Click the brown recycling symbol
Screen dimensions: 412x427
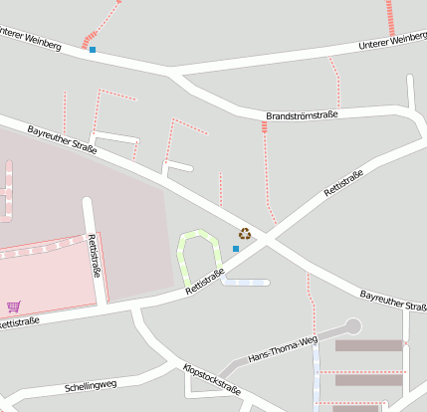tap(244, 234)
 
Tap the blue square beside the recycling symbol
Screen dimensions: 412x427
tap(236, 249)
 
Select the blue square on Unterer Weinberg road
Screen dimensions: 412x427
tap(93, 49)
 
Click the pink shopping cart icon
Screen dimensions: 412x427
tap(13, 307)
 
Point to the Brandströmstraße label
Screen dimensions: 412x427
tap(302, 116)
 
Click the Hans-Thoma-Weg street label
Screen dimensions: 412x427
tap(283, 349)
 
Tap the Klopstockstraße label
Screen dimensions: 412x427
tap(211, 381)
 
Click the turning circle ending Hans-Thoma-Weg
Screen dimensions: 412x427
tap(352, 325)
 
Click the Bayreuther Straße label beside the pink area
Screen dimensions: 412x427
tap(62, 140)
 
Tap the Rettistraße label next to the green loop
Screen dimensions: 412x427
tap(205, 282)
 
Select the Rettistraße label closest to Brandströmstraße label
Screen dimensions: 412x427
tap(343, 183)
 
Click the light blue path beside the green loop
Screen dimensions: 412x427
tap(246, 282)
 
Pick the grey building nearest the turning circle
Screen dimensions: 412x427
tap(368, 345)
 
